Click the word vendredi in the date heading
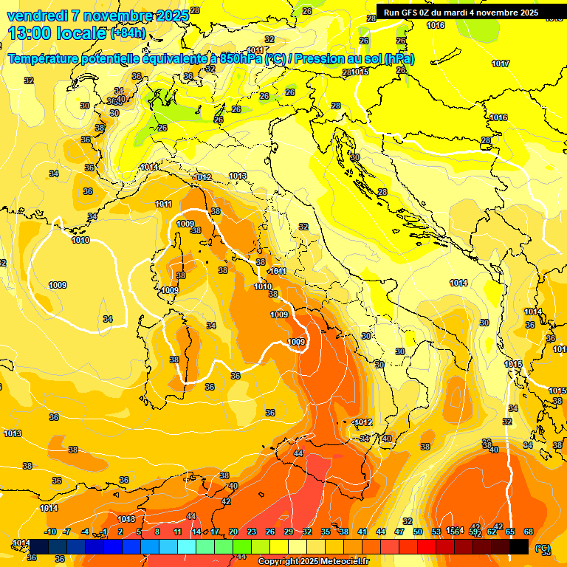[35, 16]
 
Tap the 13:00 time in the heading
[33, 33]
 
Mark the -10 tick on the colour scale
[50, 532]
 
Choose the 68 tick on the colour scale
[529, 532]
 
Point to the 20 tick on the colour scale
[233, 532]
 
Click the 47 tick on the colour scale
[399, 532]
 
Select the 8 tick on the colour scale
[157, 532]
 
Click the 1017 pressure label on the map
[501, 63]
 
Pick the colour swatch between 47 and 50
[408, 546]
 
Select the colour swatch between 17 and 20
[224, 546]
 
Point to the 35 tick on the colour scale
[326, 532]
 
